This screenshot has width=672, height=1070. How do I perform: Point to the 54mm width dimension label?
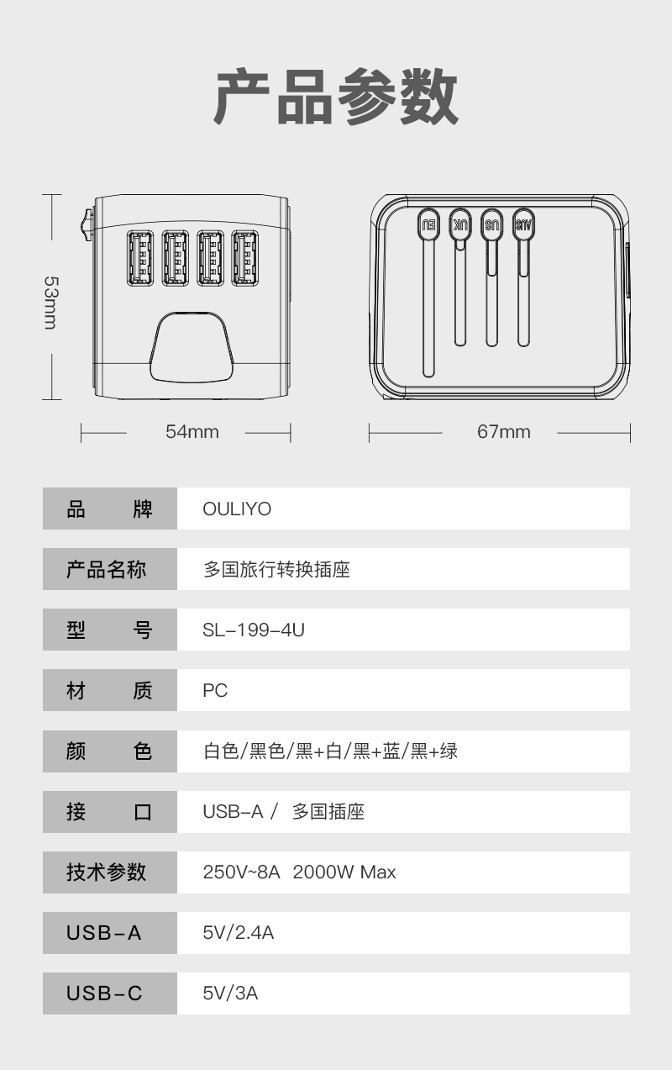[192, 432]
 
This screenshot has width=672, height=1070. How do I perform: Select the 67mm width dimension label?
[503, 432]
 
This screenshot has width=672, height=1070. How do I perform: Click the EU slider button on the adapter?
[428, 224]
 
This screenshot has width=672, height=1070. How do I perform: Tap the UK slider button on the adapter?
[460, 224]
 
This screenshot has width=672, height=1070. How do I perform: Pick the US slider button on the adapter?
[491, 224]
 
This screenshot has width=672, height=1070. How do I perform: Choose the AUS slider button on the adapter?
[523, 224]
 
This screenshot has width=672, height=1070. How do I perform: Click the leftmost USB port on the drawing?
[139, 258]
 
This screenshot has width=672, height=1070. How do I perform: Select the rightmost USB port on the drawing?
[245, 258]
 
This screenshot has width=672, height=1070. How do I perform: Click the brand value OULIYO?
[237, 509]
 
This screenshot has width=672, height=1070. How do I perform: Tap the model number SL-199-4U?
[254, 630]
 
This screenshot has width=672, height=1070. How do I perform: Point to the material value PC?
[215, 691]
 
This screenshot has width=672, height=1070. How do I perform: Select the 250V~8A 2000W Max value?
[299, 872]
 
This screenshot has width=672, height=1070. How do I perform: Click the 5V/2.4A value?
[239, 933]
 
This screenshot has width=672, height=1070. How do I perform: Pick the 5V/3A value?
[230, 994]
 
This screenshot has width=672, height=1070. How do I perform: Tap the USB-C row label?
[105, 994]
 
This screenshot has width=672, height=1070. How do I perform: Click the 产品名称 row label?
[106, 569]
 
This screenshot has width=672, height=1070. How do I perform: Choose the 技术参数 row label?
[106, 872]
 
